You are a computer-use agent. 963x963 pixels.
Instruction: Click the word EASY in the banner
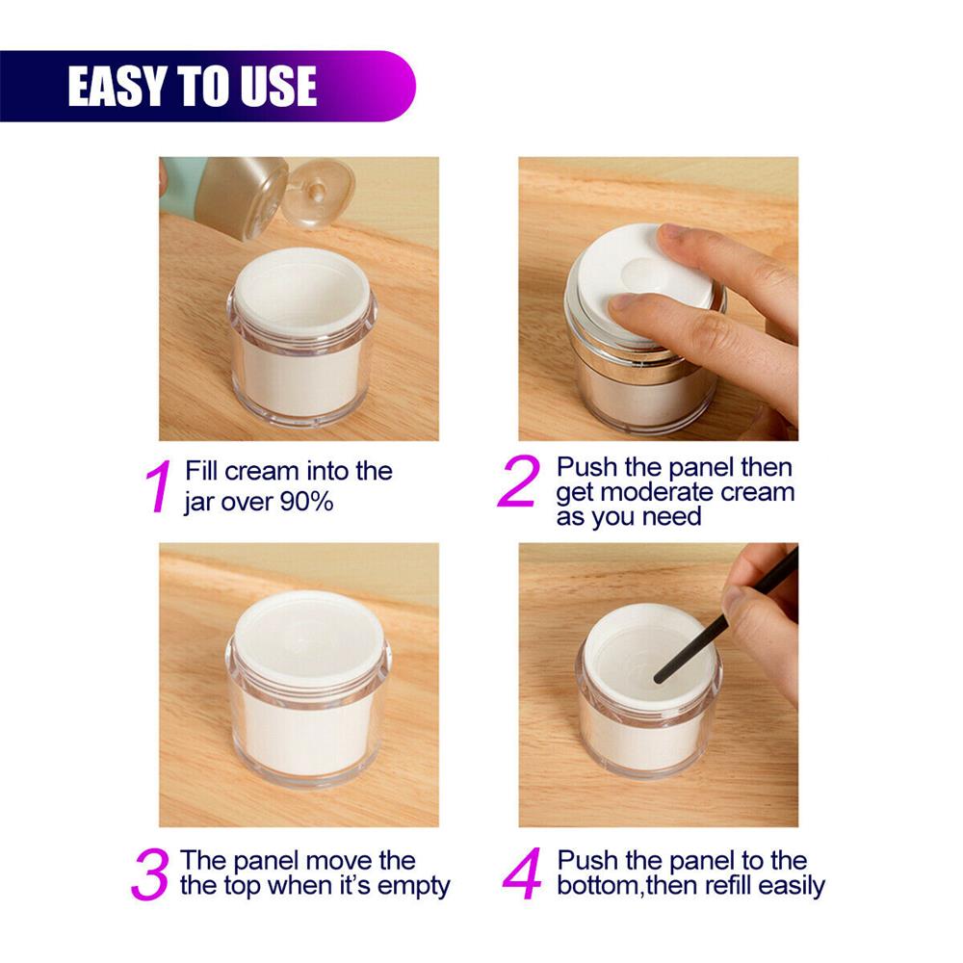117,86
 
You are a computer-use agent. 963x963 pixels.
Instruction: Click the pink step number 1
160,485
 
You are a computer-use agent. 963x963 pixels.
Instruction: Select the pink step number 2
519,481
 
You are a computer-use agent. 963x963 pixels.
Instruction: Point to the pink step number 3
150,874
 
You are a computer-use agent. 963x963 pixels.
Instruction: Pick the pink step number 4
523,873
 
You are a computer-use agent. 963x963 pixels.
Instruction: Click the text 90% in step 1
306,503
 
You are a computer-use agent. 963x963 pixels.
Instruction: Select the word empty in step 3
413,887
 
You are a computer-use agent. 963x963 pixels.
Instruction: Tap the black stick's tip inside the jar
659,678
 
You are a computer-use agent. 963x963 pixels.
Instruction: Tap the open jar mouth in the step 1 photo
302,292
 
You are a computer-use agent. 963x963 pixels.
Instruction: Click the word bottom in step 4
598,886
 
